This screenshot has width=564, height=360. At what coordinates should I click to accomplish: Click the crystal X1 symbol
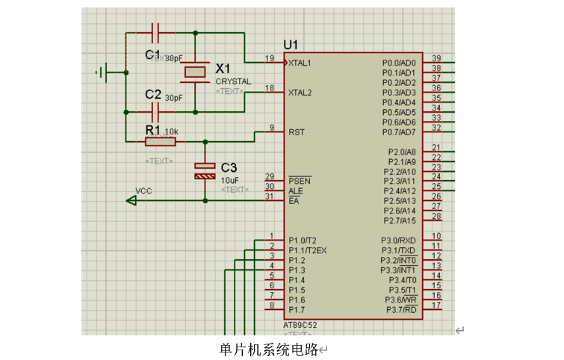[x=196, y=72]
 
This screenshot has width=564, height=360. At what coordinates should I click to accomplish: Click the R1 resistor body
[x=160, y=141]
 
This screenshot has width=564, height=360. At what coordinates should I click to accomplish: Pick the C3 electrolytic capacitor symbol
[x=204, y=170]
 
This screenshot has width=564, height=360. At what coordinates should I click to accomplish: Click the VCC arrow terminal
[x=131, y=200]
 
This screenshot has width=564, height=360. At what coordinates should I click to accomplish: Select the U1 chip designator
[x=291, y=45]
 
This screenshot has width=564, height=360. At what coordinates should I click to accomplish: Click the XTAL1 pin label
[x=300, y=63]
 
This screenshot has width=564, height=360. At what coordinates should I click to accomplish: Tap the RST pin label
[x=296, y=132]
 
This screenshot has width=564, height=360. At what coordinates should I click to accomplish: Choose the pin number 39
[x=436, y=59]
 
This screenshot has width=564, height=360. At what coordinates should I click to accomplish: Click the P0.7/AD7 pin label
[x=398, y=132]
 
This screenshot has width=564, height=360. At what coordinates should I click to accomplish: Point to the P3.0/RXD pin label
[x=398, y=240]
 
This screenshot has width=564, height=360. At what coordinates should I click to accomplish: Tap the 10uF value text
[x=229, y=180]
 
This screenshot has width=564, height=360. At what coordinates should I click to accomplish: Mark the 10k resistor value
[x=171, y=131]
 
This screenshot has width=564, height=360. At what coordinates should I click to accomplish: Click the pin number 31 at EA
[x=270, y=196]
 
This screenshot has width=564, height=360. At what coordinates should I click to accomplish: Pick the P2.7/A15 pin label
[x=399, y=220]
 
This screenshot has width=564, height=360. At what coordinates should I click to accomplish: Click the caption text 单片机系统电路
[x=268, y=349]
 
